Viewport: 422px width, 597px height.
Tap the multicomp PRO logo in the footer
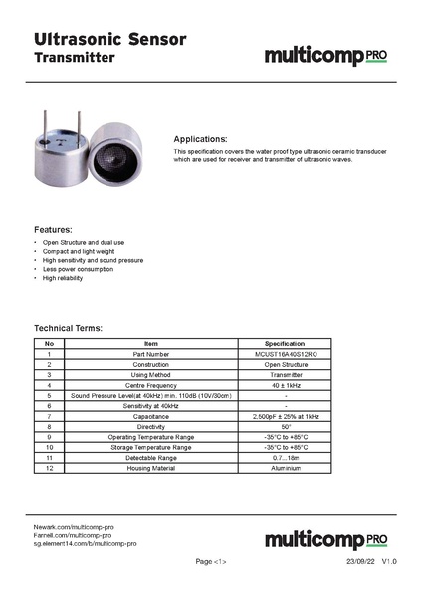(325, 539)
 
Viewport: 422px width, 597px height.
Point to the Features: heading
(53, 229)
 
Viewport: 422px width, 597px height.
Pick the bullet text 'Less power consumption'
(79, 269)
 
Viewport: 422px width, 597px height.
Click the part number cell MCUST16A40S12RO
(286, 354)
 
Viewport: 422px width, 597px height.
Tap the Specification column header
(286, 343)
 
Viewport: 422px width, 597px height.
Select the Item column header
(151, 343)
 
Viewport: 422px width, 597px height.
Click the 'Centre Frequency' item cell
(151, 384)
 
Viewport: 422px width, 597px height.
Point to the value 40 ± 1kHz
(286, 384)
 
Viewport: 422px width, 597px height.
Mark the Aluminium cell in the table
(286, 467)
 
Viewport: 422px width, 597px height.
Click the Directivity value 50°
(286, 426)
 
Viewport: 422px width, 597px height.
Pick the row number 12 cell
(48, 467)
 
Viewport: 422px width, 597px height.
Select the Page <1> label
(211, 562)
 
